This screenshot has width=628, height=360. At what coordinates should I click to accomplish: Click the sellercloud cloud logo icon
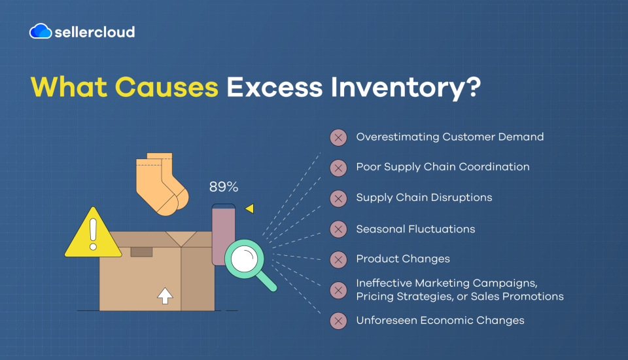[41, 31]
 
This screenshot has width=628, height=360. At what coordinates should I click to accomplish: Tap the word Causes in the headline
[167, 87]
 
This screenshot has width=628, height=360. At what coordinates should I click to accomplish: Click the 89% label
[224, 187]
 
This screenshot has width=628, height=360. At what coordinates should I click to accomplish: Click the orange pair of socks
[162, 184]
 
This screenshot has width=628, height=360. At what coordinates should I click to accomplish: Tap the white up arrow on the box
[165, 296]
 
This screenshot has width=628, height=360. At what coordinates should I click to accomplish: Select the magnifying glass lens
[244, 259]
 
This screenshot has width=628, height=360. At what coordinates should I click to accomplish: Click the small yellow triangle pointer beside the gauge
[249, 208]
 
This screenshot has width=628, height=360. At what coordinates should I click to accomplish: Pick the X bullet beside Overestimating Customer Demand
[338, 137]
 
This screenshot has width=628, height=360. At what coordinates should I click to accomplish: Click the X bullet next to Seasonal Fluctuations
[338, 229]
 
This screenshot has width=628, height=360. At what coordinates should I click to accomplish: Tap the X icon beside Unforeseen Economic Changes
[338, 321]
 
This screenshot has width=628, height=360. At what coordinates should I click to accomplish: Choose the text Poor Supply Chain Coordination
[443, 167]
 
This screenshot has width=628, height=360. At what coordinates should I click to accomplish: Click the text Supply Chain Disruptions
[424, 198]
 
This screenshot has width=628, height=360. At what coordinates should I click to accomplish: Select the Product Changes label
[403, 259]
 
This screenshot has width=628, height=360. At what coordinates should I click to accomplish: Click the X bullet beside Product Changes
[338, 260]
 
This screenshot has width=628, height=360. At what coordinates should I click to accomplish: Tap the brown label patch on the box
[141, 252]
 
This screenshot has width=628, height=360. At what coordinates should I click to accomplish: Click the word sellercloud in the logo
[94, 32]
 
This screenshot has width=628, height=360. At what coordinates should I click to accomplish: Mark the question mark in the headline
[473, 87]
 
